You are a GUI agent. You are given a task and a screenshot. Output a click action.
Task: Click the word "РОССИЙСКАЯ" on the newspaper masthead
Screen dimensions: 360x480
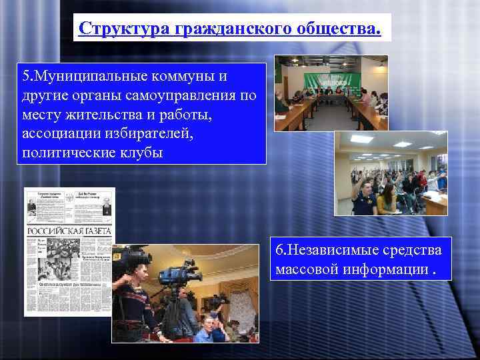[x=55, y=231]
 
